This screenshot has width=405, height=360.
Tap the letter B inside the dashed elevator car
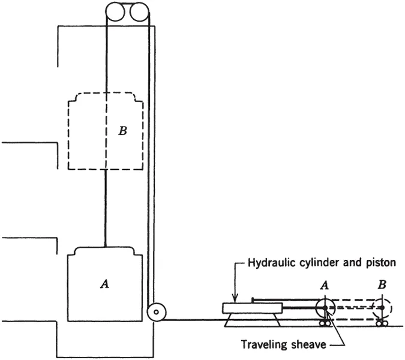[x=122, y=131]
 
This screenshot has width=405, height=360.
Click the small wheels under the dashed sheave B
[x=380, y=324]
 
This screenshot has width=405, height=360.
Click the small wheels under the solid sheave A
[x=325, y=324]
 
